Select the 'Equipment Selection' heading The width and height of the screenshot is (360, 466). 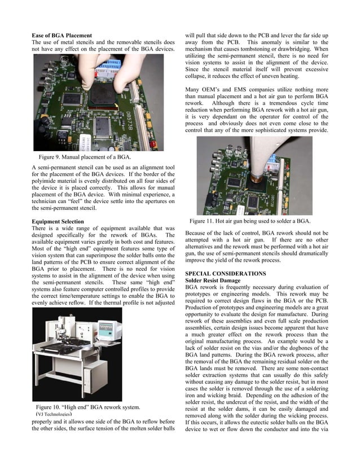click(x=58, y=222)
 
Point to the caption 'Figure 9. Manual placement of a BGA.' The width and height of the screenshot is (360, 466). click(x=85, y=156)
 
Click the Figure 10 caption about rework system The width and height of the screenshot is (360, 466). click(x=88, y=407)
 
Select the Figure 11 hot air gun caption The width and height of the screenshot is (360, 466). click(x=249, y=221)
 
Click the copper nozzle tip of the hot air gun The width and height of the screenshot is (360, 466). click(x=259, y=182)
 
